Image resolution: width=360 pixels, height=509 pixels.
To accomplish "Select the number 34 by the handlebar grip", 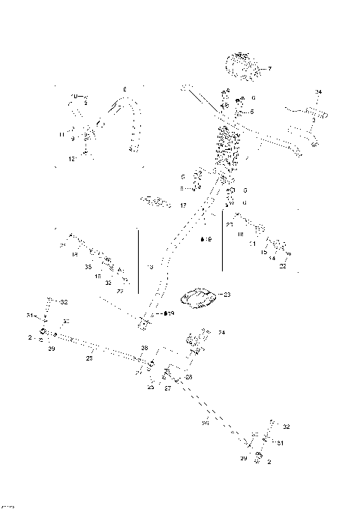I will pos(318,92).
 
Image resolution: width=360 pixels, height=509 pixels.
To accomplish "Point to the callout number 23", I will pos(227,295).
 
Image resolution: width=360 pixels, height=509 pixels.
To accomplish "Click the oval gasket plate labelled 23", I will pos(199,298).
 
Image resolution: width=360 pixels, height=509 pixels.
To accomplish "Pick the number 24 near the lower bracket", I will pos(221,332).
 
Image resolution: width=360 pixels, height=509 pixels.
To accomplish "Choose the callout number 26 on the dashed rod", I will pos(205,423).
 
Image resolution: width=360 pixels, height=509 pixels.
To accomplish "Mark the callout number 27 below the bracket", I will pos(167,389).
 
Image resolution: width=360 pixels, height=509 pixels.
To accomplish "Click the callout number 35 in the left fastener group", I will pos(88,266).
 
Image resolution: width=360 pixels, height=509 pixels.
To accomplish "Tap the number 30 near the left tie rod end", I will pos(66,321).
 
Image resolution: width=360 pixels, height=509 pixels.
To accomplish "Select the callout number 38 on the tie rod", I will pos(145,349).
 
